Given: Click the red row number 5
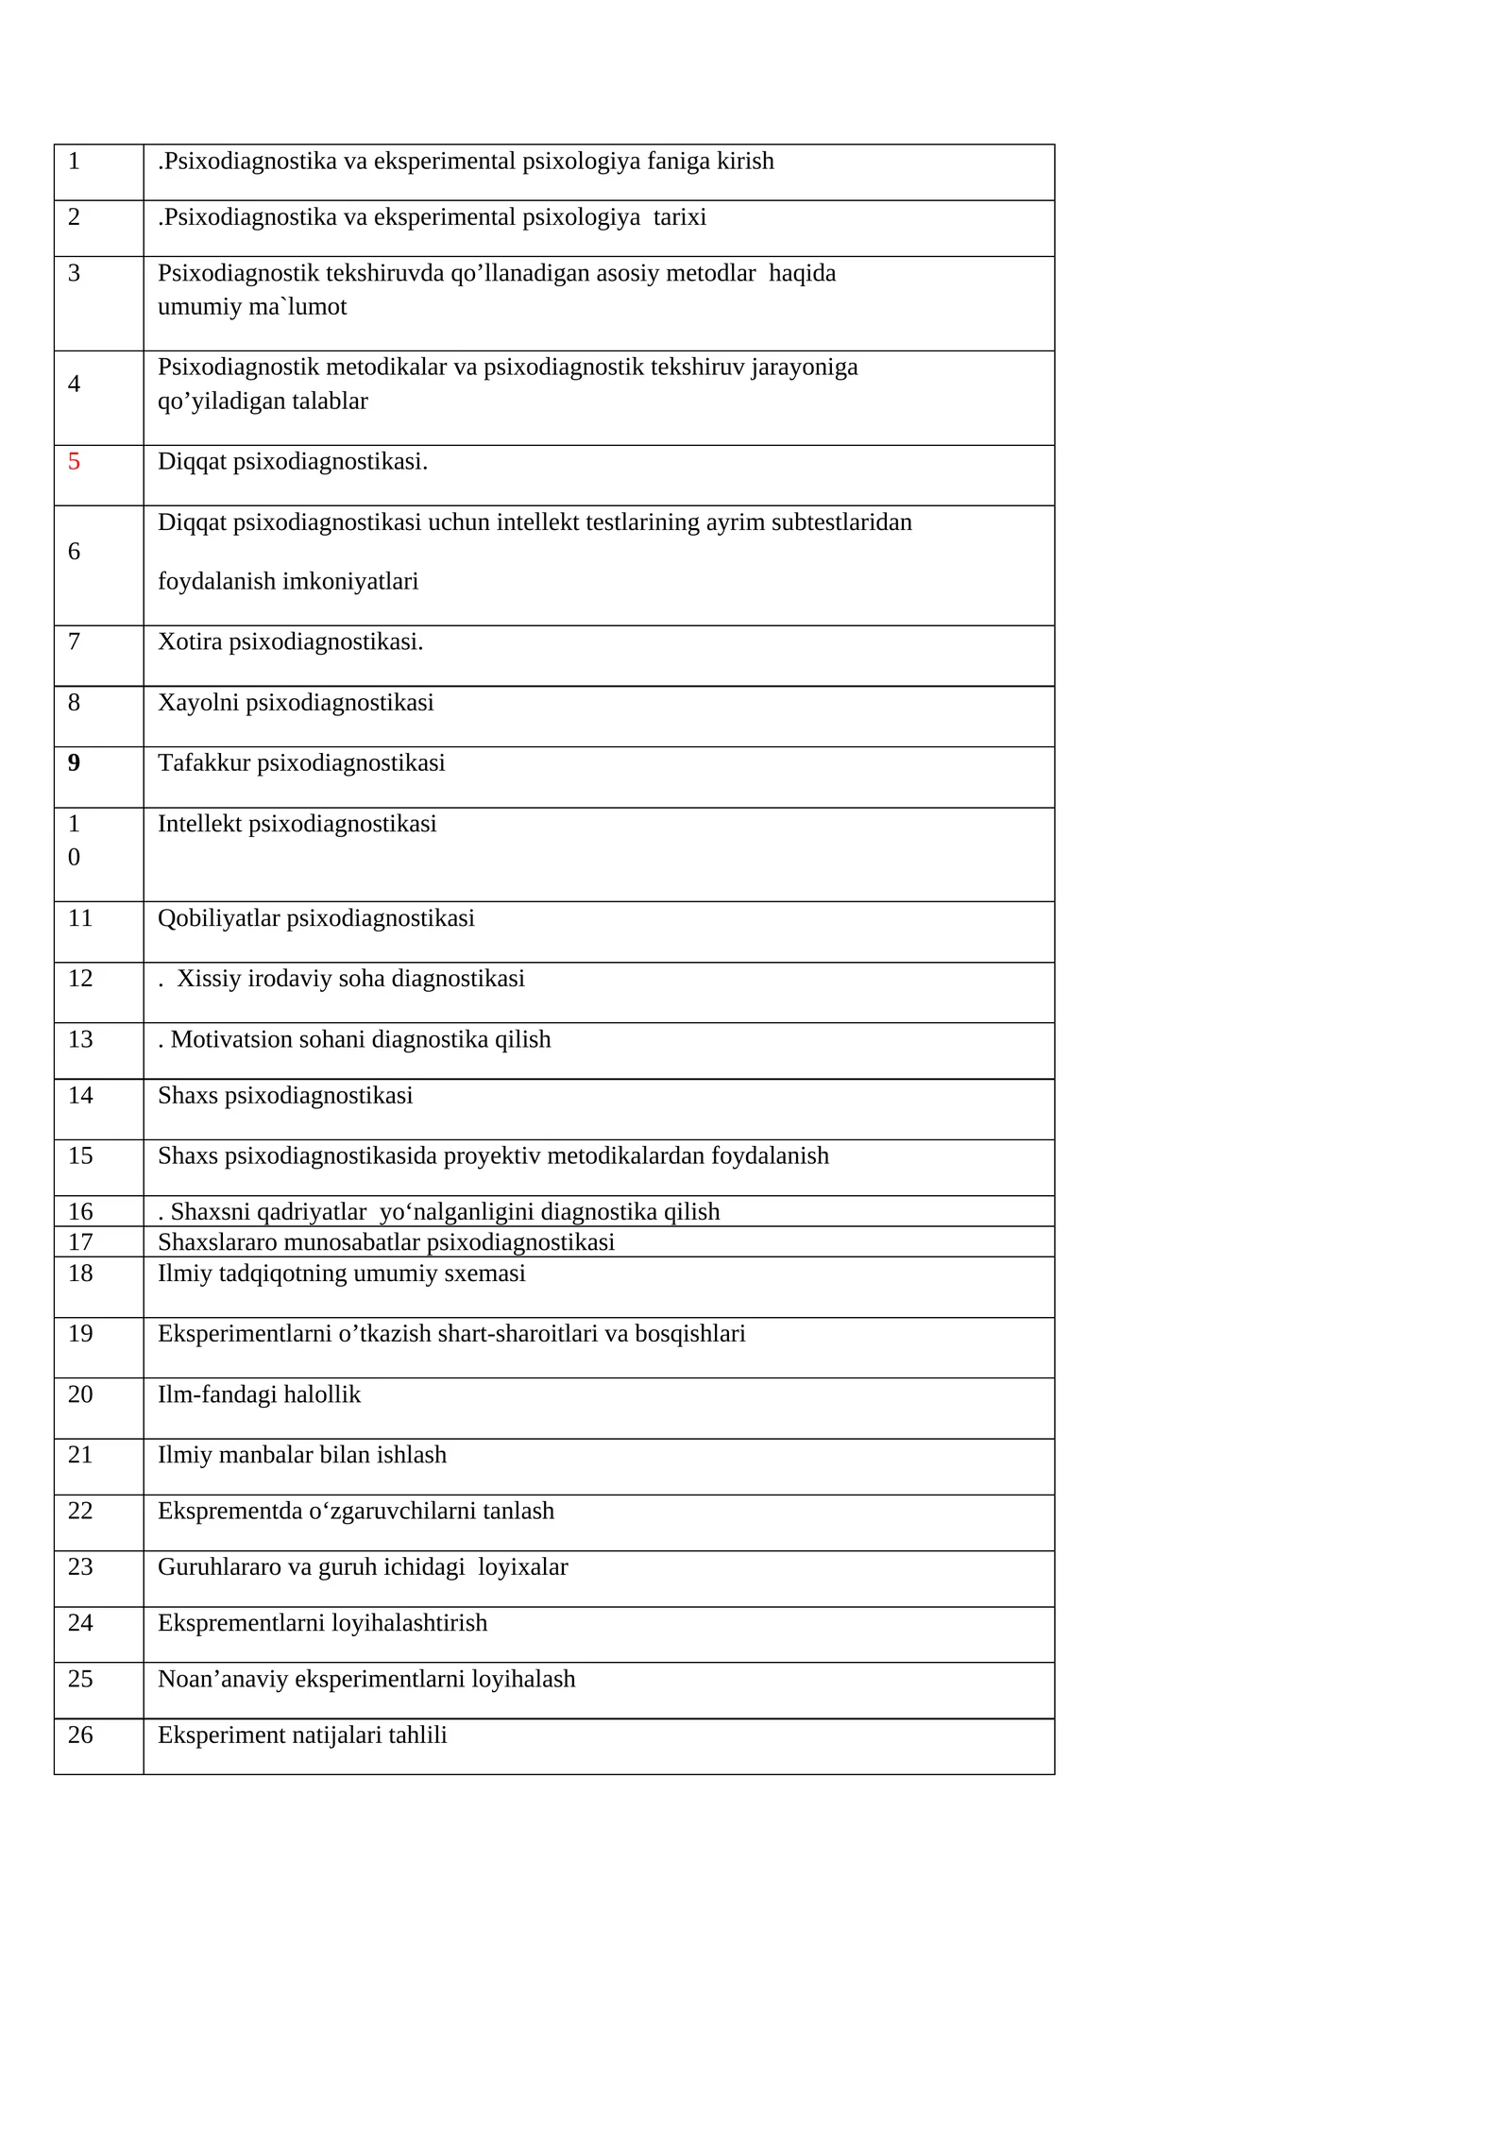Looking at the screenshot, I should coord(74,462).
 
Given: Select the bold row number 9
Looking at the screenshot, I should coord(74,763).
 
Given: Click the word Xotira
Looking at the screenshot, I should coord(190,642).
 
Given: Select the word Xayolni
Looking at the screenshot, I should coord(198,703).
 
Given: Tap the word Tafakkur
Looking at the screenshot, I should coord(204,763).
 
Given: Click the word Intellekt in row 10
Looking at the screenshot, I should coord(199,824).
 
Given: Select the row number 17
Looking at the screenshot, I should coord(80,1242).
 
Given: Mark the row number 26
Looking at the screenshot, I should coord(80,1735).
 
